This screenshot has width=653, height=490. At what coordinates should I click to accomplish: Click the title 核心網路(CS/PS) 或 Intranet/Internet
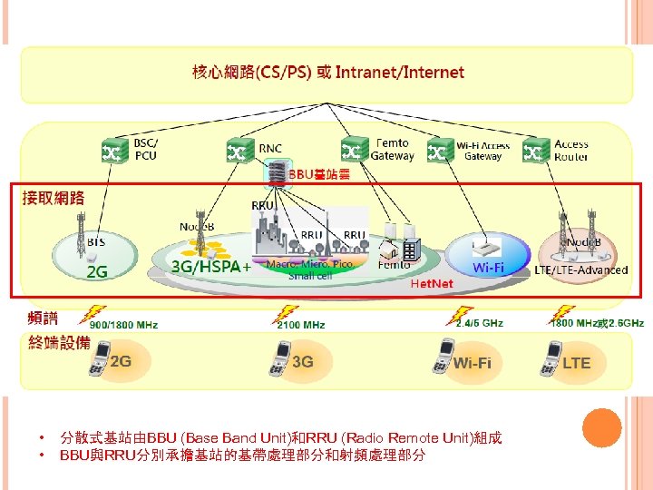(327, 72)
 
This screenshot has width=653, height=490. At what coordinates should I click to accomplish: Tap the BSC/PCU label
(145, 149)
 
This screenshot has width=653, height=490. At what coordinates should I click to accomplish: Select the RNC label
(270, 148)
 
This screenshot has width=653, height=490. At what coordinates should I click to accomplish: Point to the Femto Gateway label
(392, 149)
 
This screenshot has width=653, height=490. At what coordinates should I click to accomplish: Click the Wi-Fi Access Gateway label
(482, 151)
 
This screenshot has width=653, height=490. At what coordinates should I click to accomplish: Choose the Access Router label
(571, 150)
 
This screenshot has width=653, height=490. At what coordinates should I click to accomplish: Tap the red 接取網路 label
(54, 197)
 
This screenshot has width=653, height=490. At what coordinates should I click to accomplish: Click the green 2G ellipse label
(96, 271)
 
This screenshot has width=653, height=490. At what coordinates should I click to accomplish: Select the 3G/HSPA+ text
(211, 267)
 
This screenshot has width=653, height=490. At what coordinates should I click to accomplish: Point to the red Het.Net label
(432, 283)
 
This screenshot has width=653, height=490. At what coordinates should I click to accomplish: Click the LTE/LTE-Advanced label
(580, 269)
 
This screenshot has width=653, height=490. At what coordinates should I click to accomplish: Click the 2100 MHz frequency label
(301, 324)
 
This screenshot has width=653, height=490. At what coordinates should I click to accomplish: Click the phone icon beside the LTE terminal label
(548, 358)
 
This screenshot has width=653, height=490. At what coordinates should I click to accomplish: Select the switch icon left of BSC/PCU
(114, 150)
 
